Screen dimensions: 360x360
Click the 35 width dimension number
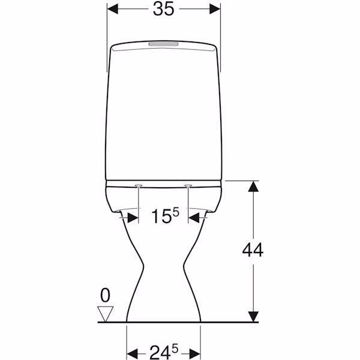pyautogui.click(x=163, y=9)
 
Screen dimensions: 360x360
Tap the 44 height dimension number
pyautogui.click(x=253, y=250)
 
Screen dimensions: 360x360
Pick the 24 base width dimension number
pyautogui.click(x=160, y=352)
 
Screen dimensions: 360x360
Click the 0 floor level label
pyautogui.click(x=106, y=296)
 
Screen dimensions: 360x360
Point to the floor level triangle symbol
pyautogui.click(x=106, y=314)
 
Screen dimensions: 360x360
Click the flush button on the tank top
pyautogui.click(x=163, y=44)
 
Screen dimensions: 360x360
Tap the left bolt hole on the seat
pyautogui.click(x=139, y=185)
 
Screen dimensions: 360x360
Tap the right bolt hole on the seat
pyautogui.click(x=188, y=185)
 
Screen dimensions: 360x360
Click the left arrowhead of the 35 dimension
pyautogui.click(x=113, y=9)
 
